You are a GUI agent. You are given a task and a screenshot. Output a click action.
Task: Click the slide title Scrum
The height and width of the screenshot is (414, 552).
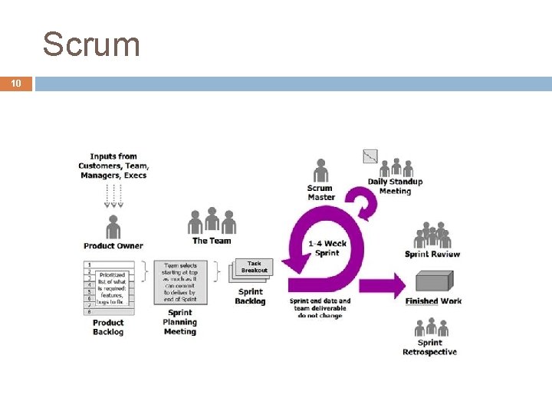click(x=92, y=44)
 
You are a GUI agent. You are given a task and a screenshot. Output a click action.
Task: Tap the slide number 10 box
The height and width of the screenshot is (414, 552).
click(x=16, y=84)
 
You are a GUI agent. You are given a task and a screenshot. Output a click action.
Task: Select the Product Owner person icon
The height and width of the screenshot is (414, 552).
click(x=113, y=227)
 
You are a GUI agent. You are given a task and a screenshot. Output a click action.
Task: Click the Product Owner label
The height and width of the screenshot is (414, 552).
click(x=113, y=246)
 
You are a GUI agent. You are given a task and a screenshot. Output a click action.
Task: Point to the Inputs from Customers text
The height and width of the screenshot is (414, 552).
click(x=113, y=166)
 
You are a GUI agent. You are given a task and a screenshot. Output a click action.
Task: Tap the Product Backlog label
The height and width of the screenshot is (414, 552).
click(x=108, y=327)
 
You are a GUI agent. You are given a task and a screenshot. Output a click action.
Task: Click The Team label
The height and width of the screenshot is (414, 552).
click(x=212, y=241)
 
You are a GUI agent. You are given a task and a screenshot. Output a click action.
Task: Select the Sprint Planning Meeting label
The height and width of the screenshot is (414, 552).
click(x=179, y=323)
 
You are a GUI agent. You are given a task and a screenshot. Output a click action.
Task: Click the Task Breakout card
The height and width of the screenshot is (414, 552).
click(x=255, y=267)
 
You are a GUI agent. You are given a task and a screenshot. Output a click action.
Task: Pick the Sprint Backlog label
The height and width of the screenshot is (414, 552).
click(x=250, y=297)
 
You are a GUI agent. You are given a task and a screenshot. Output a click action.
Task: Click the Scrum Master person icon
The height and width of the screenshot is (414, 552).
click(x=320, y=171)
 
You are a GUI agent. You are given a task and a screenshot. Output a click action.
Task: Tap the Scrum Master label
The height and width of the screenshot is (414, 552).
click(x=320, y=192)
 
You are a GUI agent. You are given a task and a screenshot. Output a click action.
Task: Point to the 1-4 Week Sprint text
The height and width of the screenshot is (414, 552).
click(x=327, y=248)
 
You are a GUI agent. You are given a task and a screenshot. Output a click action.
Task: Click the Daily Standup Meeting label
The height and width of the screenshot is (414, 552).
click(x=395, y=186)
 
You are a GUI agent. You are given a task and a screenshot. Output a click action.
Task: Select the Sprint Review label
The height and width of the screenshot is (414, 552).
click(x=433, y=255)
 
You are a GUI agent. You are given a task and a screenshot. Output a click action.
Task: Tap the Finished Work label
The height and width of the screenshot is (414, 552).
click(x=434, y=301)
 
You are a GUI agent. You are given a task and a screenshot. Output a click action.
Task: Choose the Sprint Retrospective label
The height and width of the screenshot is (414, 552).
click(x=429, y=347)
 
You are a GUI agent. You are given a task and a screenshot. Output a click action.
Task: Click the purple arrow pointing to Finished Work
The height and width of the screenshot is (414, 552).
click(x=383, y=287)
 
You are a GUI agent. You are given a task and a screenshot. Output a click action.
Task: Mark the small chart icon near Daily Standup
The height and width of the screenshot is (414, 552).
click(x=370, y=156)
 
